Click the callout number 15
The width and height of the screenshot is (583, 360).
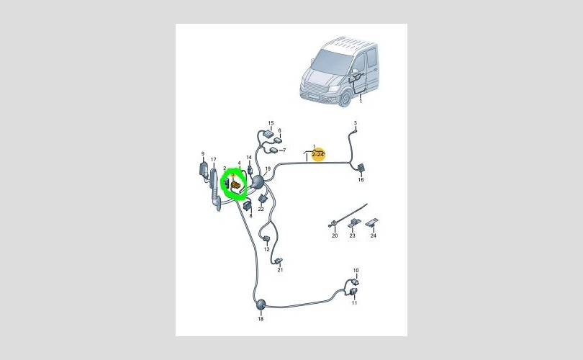click(x=271, y=123)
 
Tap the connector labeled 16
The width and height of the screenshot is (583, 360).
click(x=361, y=168)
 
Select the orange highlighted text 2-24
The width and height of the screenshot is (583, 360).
click(x=318, y=154)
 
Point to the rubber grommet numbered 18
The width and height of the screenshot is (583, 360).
click(x=261, y=305)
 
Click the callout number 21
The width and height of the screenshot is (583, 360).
click(x=280, y=270)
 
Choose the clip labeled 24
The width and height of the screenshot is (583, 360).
click(x=372, y=222)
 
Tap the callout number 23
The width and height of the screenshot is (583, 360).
click(x=352, y=235)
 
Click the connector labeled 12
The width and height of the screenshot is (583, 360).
click(x=266, y=238)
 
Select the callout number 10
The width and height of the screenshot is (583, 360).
click(x=356, y=271)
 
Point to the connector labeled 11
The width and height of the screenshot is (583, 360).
click(x=354, y=292)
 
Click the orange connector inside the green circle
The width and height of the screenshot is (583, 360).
click(x=236, y=184)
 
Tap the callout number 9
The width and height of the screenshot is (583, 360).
click(x=203, y=153)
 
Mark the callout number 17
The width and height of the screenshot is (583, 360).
click(x=214, y=160)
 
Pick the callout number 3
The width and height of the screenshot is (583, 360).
click(x=355, y=122)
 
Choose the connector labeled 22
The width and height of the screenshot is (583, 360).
click(x=262, y=199)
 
